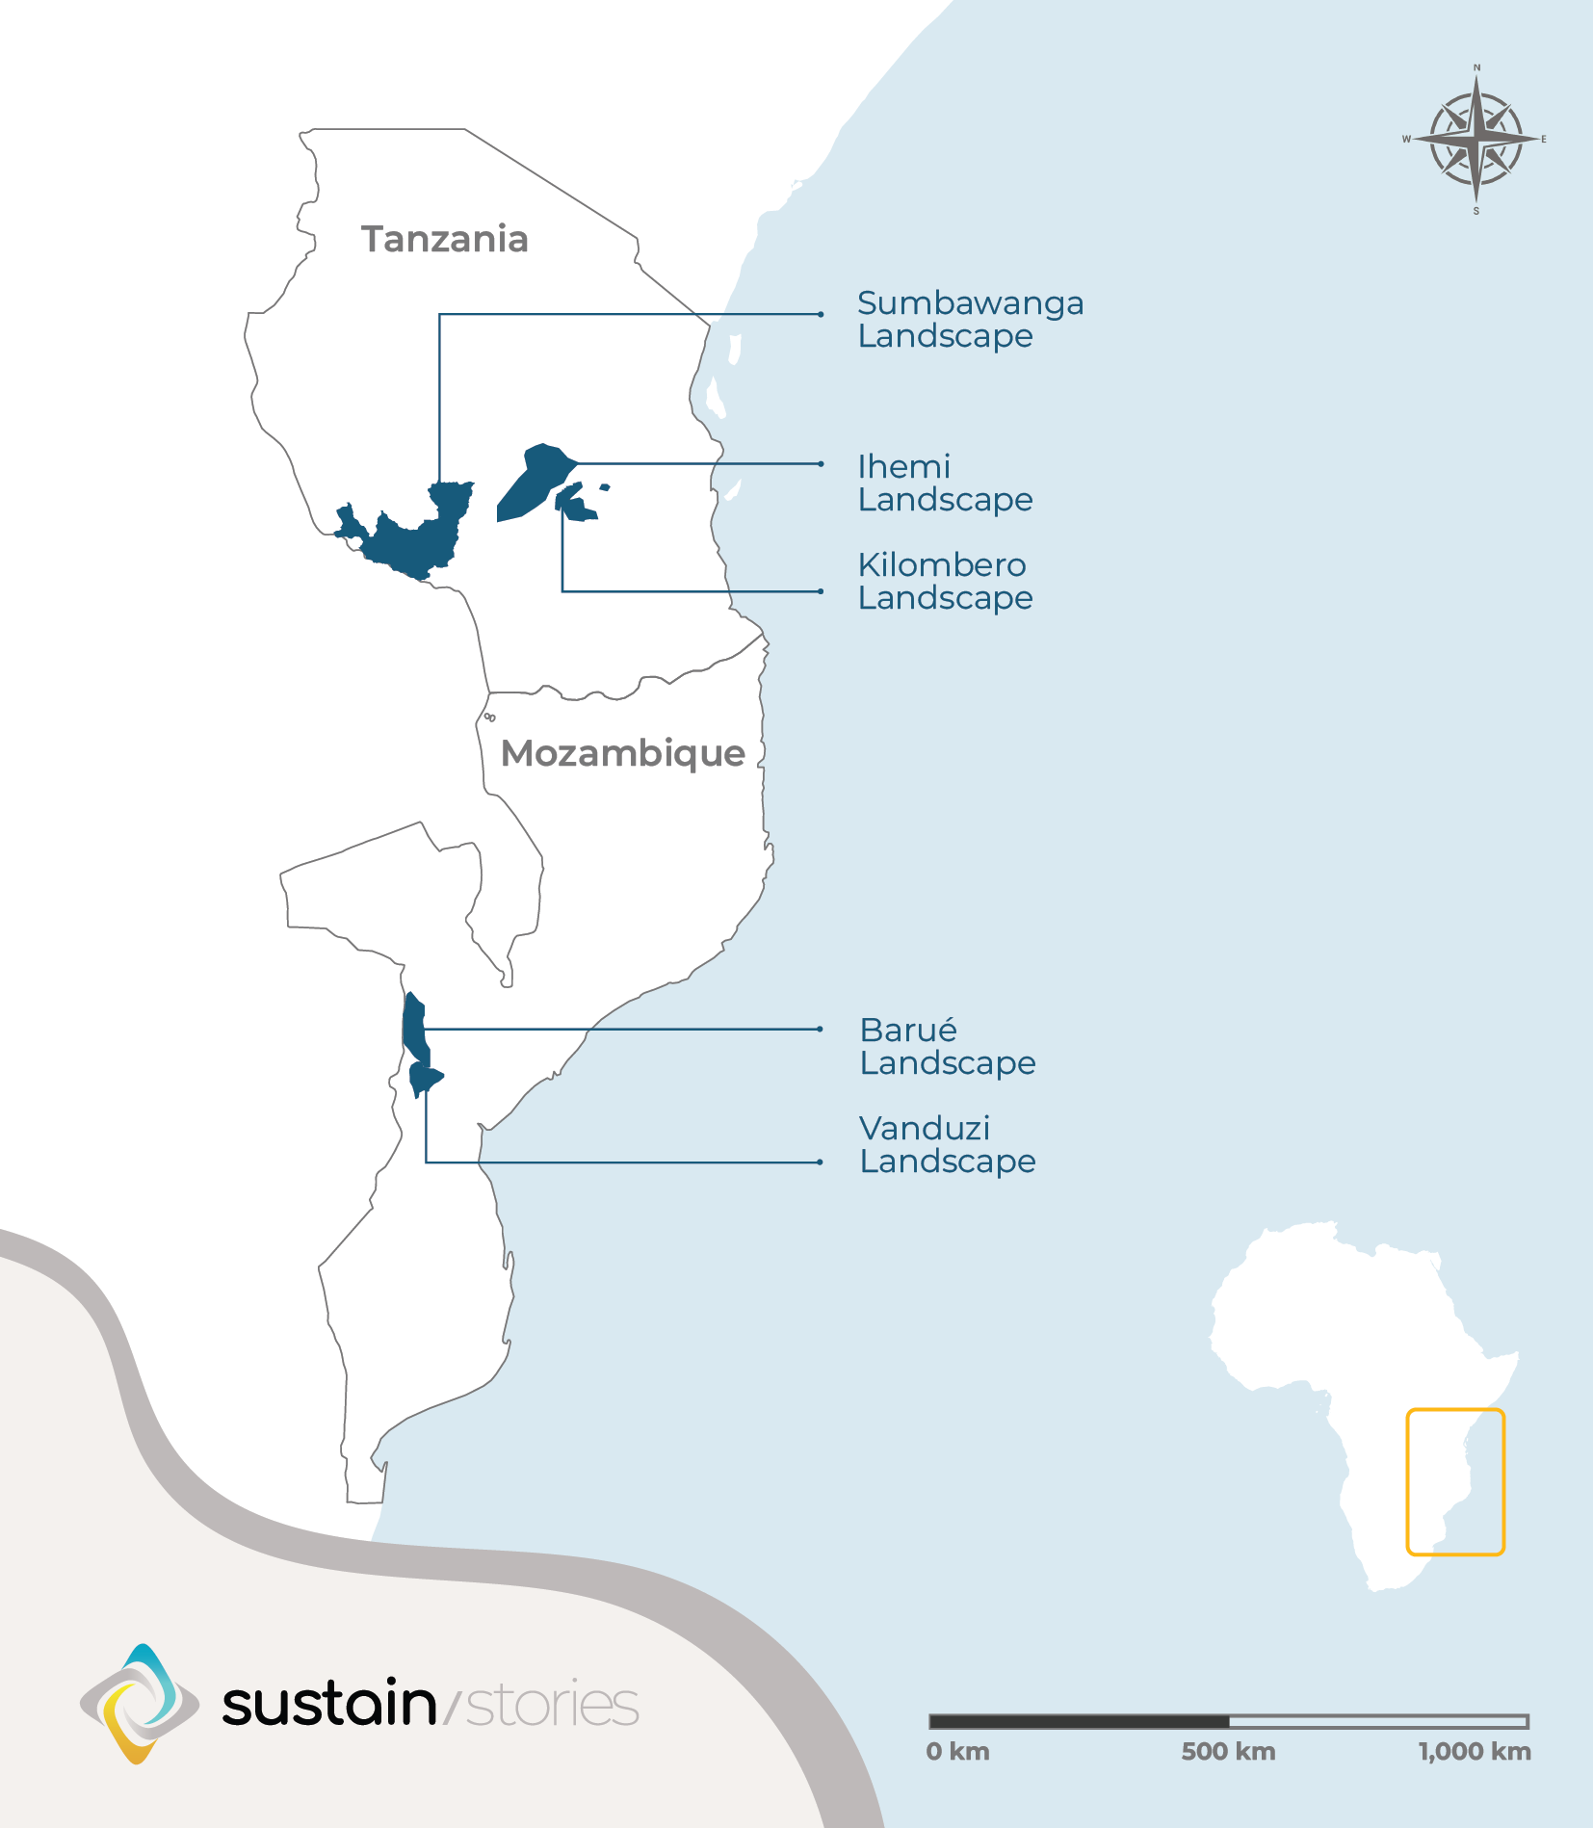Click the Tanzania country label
coord(444,239)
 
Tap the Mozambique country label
coord(622,753)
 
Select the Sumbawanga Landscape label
coord(970,320)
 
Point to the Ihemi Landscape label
coord(945,483)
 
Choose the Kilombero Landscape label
coord(945,582)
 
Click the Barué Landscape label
coord(948,1047)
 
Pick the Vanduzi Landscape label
coord(948,1145)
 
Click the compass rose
coord(1475,140)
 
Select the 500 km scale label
coord(1228,1751)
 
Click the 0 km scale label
coord(957,1751)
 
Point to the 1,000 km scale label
coord(1474,1751)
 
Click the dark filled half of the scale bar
coord(1079,1721)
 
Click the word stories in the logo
coord(552,1705)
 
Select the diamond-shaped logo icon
coord(140,1704)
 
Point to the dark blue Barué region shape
coord(414,1026)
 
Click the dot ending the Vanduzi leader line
coord(820,1162)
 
